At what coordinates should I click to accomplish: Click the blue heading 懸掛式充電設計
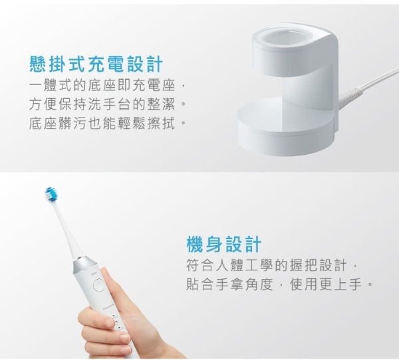coord(96,64)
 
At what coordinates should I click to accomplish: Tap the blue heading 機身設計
coord(224,244)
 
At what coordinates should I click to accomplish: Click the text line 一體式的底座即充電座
coord(102,85)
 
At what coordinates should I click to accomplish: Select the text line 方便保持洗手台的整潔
coord(102,104)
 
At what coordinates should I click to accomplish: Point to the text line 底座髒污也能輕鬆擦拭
coord(102,124)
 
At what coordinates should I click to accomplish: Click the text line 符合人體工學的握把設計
coord(267,265)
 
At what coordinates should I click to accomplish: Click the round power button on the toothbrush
coord(98,285)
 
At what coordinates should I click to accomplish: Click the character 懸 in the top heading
coord(38,64)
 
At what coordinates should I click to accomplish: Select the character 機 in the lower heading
coord(195,244)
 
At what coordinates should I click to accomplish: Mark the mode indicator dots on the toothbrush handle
coord(117,322)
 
